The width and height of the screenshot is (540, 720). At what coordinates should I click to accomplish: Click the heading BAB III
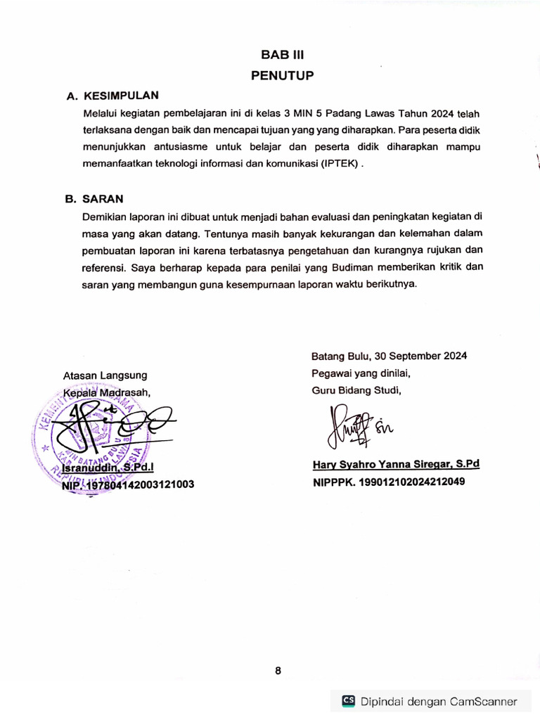pyautogui.click(x=281, y=55)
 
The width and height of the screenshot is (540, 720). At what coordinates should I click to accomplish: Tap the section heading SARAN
pyautogui.click(x=103, y=199)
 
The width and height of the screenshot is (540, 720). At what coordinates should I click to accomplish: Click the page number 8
pyautogui.click(x=278, y=671)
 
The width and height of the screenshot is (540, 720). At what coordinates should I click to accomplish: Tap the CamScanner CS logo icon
pyautogui.click(x=348, y=700)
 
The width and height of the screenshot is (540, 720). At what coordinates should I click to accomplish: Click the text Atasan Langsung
pyautogui.click(x=105, y=375)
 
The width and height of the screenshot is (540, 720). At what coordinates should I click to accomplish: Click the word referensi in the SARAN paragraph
pyautogui.click(x=103, y=267)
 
